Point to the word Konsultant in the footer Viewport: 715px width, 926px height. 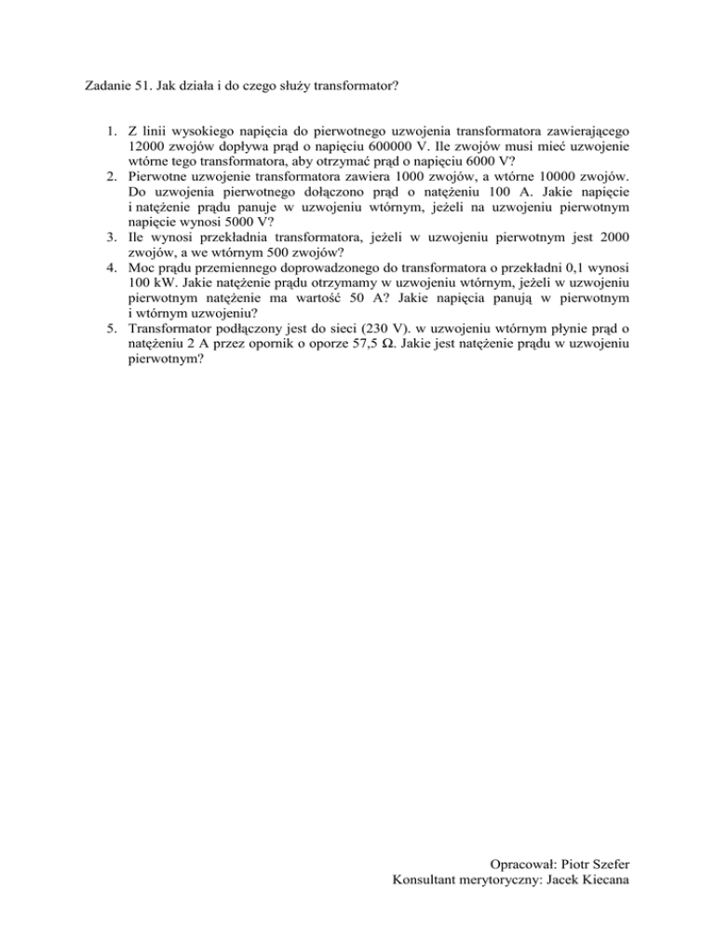coord(430,902)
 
